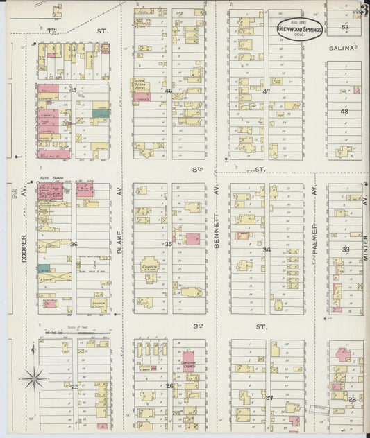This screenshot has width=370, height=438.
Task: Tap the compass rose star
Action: pyautogui.click(x=35, y=378)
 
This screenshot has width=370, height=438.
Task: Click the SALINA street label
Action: pyautogui.click(x=342, y=49)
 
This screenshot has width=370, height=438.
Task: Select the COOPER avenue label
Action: pyautogui.click(x=23, y=247)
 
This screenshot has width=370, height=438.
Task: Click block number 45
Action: pyautogui.click(x=72, y=89)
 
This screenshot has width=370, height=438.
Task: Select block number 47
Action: pyautogui.click(x=266, y=91)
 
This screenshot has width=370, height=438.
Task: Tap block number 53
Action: pyautogui.click(x=345, y=27)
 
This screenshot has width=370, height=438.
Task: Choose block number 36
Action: pyautogui.click(x=73, y=244)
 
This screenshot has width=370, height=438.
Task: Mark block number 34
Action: pyautogui.click(x=266, y=249)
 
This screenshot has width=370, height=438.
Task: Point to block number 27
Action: pyautogui.click(x=269, y=398)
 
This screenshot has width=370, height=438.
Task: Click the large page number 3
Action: pyautogui.click(x=364, y=9)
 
